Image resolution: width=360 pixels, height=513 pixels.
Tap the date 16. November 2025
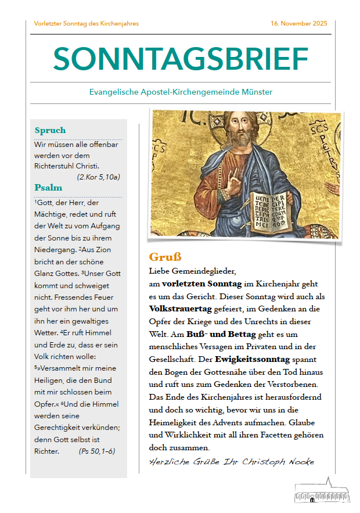(298, 24)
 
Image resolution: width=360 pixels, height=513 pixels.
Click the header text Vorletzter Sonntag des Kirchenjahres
(87, 24)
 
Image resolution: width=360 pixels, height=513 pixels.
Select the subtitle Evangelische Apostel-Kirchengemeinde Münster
(181, 92)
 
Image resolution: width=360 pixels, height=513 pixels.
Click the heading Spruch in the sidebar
(50, 130)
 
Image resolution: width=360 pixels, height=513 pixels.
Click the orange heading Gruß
(165, 257)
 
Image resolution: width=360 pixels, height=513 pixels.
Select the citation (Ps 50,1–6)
(97, 450)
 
